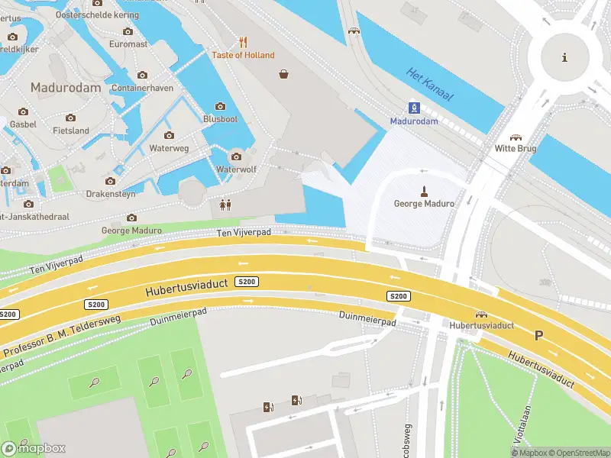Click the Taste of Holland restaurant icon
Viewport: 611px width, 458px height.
click(x=243, y=42)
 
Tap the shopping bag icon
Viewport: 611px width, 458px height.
click(x=284, y=74)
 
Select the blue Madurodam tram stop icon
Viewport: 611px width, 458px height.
click(x=414, y=107)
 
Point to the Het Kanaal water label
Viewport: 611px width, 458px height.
click(x=430, y=85)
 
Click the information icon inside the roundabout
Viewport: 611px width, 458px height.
click(x=564, y=57)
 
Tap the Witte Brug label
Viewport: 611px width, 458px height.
click(x=516, y=148)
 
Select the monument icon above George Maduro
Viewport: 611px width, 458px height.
click(x=424, y=190)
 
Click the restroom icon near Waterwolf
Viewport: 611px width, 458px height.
click(x=225, y=205)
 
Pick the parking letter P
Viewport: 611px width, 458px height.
click(x=538, y=335)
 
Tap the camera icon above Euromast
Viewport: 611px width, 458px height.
click(x=128, y=31)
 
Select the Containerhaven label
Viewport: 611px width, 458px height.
click(x=142, y=88)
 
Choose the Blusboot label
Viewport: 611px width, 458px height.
click(x=220, y=119)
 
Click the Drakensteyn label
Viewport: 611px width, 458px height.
click(x=110, y=194)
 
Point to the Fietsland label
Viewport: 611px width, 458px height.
click(x=70, y=131)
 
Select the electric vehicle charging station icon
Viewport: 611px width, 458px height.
click(x=296, y=400)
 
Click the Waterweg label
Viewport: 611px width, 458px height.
click(x=169, y=147)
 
